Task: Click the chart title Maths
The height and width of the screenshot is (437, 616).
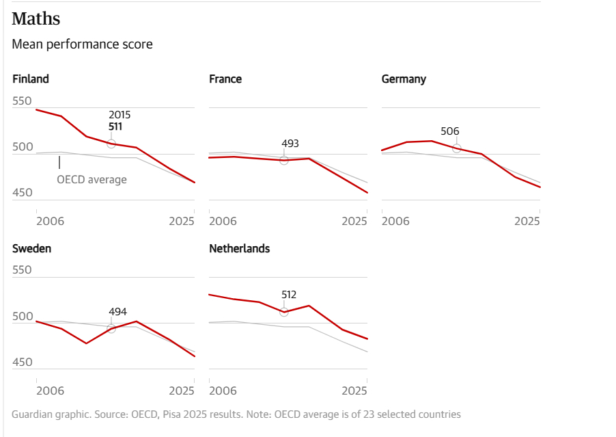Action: pos(36,18)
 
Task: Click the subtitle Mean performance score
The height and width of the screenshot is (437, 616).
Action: pos(82,44)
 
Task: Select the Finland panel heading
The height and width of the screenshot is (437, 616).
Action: pos(31,79)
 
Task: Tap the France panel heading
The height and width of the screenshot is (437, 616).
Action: pos(225,79)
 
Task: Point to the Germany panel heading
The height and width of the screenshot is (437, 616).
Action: pos(404,79)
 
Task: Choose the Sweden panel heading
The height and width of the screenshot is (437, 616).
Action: pos(31,248)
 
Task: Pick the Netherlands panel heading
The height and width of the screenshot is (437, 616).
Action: pos(239,248)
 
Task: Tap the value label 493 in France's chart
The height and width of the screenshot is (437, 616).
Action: pos(290,144)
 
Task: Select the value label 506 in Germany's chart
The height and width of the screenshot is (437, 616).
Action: pos(450,131)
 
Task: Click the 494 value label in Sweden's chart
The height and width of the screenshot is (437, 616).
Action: pos(117,312)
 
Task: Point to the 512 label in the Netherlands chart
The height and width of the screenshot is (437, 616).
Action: pos(289,295)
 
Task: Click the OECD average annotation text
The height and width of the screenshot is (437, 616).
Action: pos(92,180)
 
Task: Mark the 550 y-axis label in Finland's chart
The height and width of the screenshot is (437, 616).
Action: pos(22,101)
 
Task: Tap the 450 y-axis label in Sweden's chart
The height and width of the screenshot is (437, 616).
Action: pos(22,362)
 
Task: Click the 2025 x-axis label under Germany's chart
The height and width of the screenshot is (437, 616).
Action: pos(527,221)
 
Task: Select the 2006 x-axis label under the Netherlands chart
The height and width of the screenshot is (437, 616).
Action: pos(223,390)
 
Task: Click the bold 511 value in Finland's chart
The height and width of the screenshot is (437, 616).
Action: pos(115,127)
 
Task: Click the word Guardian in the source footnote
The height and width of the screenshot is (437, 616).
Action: pos(31,414)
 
